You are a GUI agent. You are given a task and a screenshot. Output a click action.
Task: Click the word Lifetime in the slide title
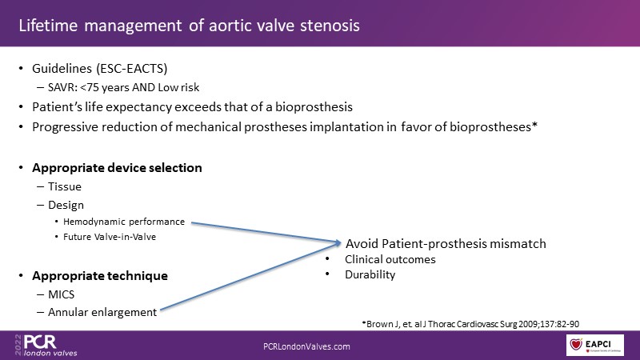point(48,26)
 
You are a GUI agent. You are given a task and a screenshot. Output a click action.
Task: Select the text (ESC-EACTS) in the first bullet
point(132,69)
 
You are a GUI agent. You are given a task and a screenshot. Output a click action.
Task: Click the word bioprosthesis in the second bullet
point(314,107)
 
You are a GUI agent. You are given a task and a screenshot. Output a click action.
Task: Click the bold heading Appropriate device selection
point(117,168)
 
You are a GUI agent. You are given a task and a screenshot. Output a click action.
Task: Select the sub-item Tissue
point(65,186)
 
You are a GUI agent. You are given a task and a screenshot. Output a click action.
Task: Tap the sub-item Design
point(66,205)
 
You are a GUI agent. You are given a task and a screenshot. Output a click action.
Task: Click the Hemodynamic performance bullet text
point(124,222)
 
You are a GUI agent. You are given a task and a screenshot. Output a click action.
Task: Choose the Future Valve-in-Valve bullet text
point(110,237)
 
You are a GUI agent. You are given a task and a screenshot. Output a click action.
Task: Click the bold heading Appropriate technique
point(100,276)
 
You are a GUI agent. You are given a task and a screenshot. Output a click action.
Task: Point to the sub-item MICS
point(62,294)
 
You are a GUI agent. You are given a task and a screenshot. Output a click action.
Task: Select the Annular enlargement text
point(102,312)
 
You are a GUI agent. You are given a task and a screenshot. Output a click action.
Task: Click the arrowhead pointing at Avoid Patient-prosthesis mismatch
point(338,243)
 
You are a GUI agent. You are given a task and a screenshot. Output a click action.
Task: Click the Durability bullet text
point(370,274)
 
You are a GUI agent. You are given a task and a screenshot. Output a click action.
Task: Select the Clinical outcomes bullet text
point(390,259)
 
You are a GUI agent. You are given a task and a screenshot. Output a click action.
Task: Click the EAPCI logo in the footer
point(594,346)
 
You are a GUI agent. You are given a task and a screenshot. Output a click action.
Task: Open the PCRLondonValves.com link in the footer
point(306,346)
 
